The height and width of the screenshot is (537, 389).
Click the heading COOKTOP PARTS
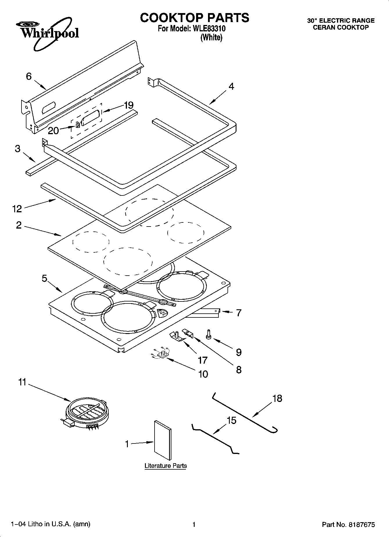pyautogui.click(x=194, y=18)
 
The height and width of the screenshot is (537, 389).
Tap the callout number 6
pyautogui.click(x=28, y=76)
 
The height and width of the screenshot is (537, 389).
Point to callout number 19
pyautogui.click(x=128, y=105)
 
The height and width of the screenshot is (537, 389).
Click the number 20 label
pyautogui.click(x=53, y=131)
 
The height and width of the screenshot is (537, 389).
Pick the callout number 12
pyautogui.click(x=17, y=209)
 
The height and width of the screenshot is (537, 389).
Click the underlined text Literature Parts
pyautogui.click(x=166, y=466)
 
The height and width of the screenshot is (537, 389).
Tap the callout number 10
pyautogui.click(x=203, y=374)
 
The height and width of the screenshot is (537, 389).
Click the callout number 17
pyautogui.click(x=202, y=360)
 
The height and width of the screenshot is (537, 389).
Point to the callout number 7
pyautogui.click(x=239, y=313)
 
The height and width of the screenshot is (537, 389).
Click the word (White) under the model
pyautogui.click(x=211, y=37)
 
